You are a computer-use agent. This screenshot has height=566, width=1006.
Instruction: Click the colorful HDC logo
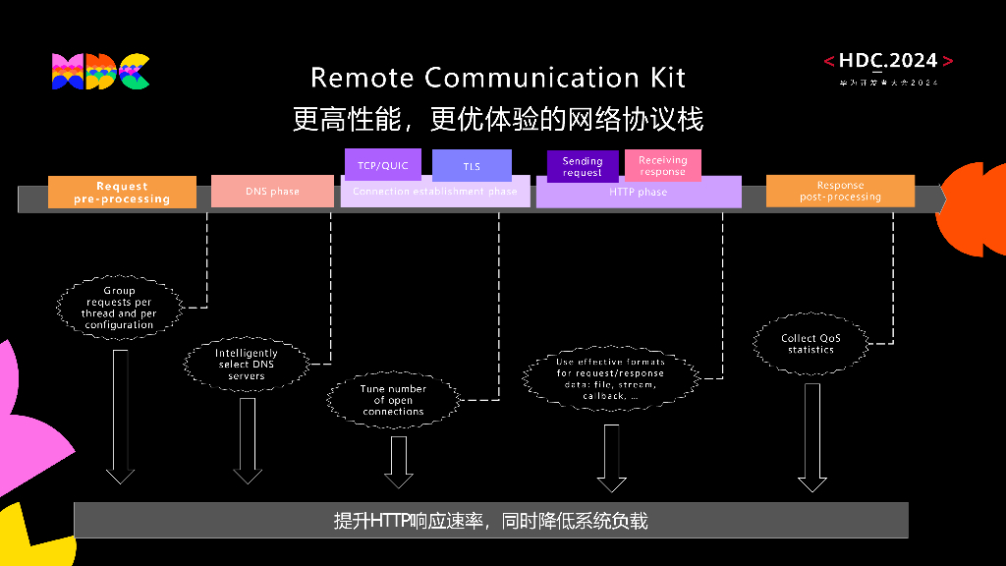point(100,72)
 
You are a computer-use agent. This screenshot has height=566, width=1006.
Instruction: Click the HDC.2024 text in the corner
point(888,62)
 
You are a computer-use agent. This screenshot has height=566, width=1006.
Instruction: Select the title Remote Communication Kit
point(498,78)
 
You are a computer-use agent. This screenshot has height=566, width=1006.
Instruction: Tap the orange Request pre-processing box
point(122,193)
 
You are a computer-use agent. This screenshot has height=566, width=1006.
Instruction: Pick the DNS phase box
point(272,192)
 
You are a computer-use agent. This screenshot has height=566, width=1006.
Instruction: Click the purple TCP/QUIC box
point(383,165)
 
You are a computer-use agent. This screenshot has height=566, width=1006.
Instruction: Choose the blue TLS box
point(472,166)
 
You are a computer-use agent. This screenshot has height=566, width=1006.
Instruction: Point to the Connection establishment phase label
point(434,193)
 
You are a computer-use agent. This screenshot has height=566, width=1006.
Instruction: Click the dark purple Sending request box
point(583,167)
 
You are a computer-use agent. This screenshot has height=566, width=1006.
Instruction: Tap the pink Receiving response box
point(663,166)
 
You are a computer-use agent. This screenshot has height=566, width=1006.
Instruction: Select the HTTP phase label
point(639,194)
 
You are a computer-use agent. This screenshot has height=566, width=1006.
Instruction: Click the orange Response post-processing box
point(840,191)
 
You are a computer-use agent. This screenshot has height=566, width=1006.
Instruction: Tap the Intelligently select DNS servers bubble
point(247,365)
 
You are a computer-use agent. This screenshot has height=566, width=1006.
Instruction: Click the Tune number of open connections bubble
point(393,400)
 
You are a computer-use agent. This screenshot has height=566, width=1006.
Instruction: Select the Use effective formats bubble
point(610,378)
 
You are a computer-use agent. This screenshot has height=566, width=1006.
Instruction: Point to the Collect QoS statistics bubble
point(810,343)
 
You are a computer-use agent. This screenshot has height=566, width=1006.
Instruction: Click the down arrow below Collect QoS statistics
point(812,437)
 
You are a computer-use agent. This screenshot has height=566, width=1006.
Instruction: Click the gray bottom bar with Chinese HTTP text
point(491,521)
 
